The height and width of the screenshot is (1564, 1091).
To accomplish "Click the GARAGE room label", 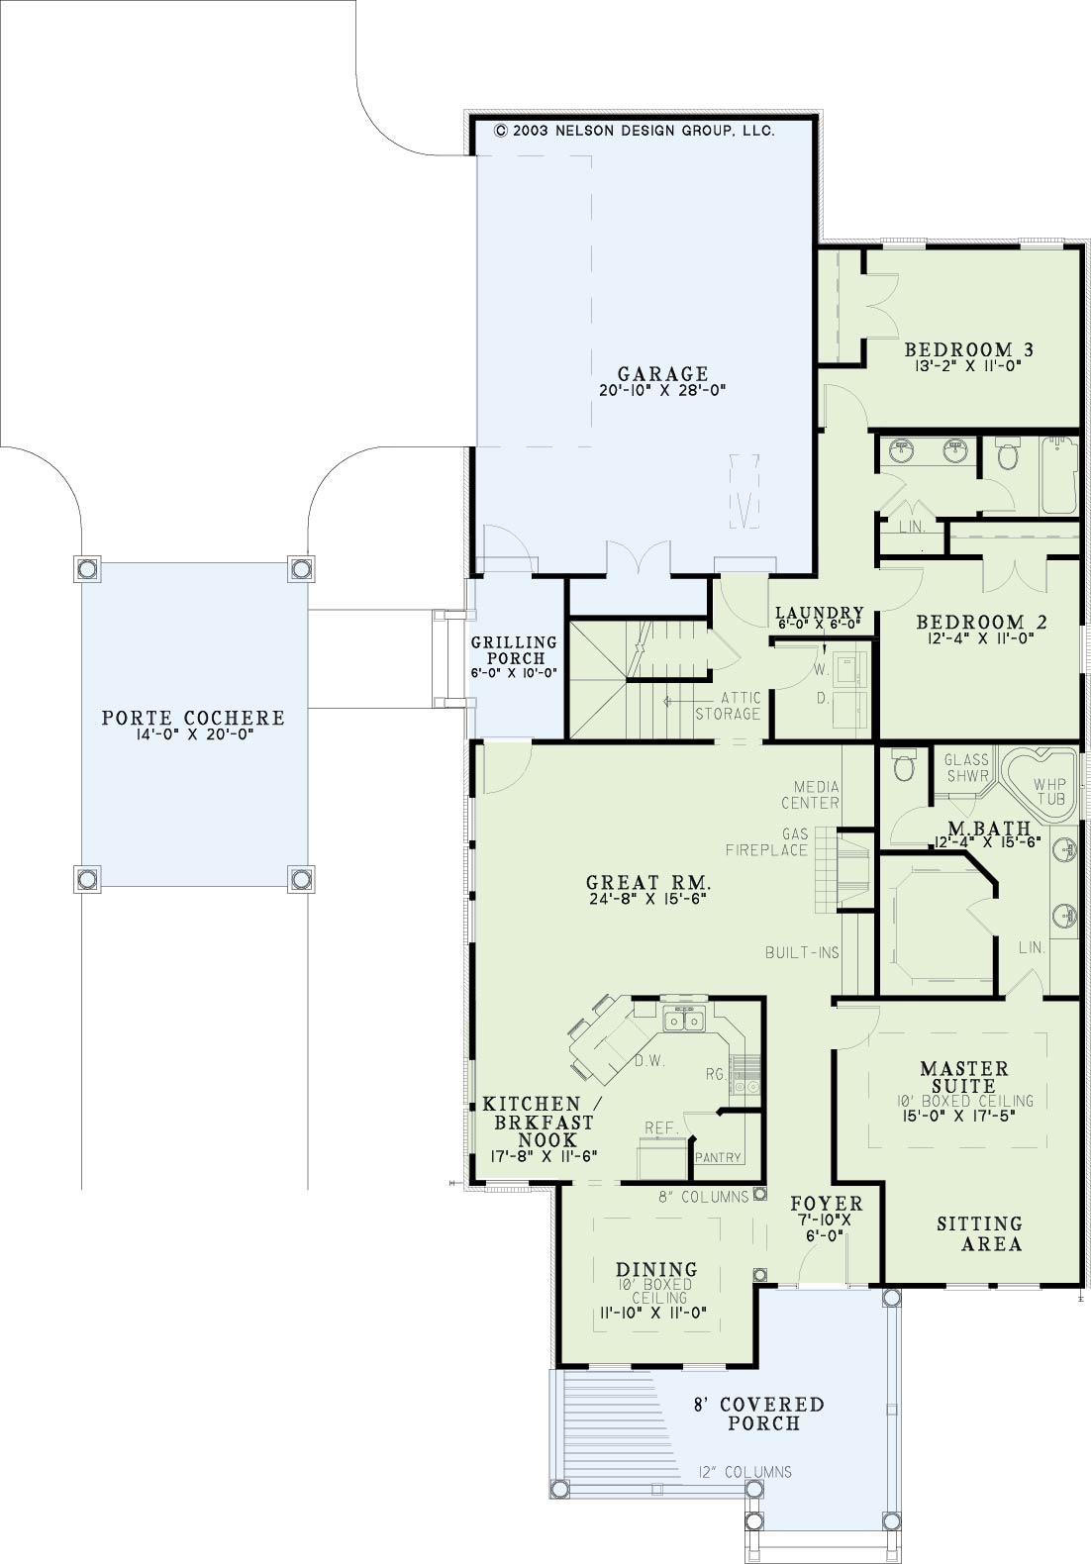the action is tap(662, 373).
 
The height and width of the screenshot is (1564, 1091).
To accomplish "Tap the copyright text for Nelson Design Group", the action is tap(635, 131).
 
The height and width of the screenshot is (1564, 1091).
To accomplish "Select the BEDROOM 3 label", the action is tap(969, 349).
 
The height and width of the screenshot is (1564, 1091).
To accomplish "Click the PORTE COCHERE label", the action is tap(193, 718).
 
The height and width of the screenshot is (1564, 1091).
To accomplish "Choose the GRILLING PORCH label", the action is tap(514, 650).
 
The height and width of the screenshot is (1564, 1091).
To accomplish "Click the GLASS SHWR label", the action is tap(966, 767).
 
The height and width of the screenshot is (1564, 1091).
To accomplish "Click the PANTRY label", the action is tap(718, 1157).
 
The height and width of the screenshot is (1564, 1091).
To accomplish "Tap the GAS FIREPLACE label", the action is tap(767, 842).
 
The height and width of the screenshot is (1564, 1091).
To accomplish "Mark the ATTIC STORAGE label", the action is tap(728, 706).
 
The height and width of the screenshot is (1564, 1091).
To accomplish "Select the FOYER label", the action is tap(827, 1204).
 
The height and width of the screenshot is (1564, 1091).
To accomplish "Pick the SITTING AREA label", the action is tap(979, 1233).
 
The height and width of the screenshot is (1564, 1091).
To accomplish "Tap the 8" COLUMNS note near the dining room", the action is tap(704, 1197).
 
